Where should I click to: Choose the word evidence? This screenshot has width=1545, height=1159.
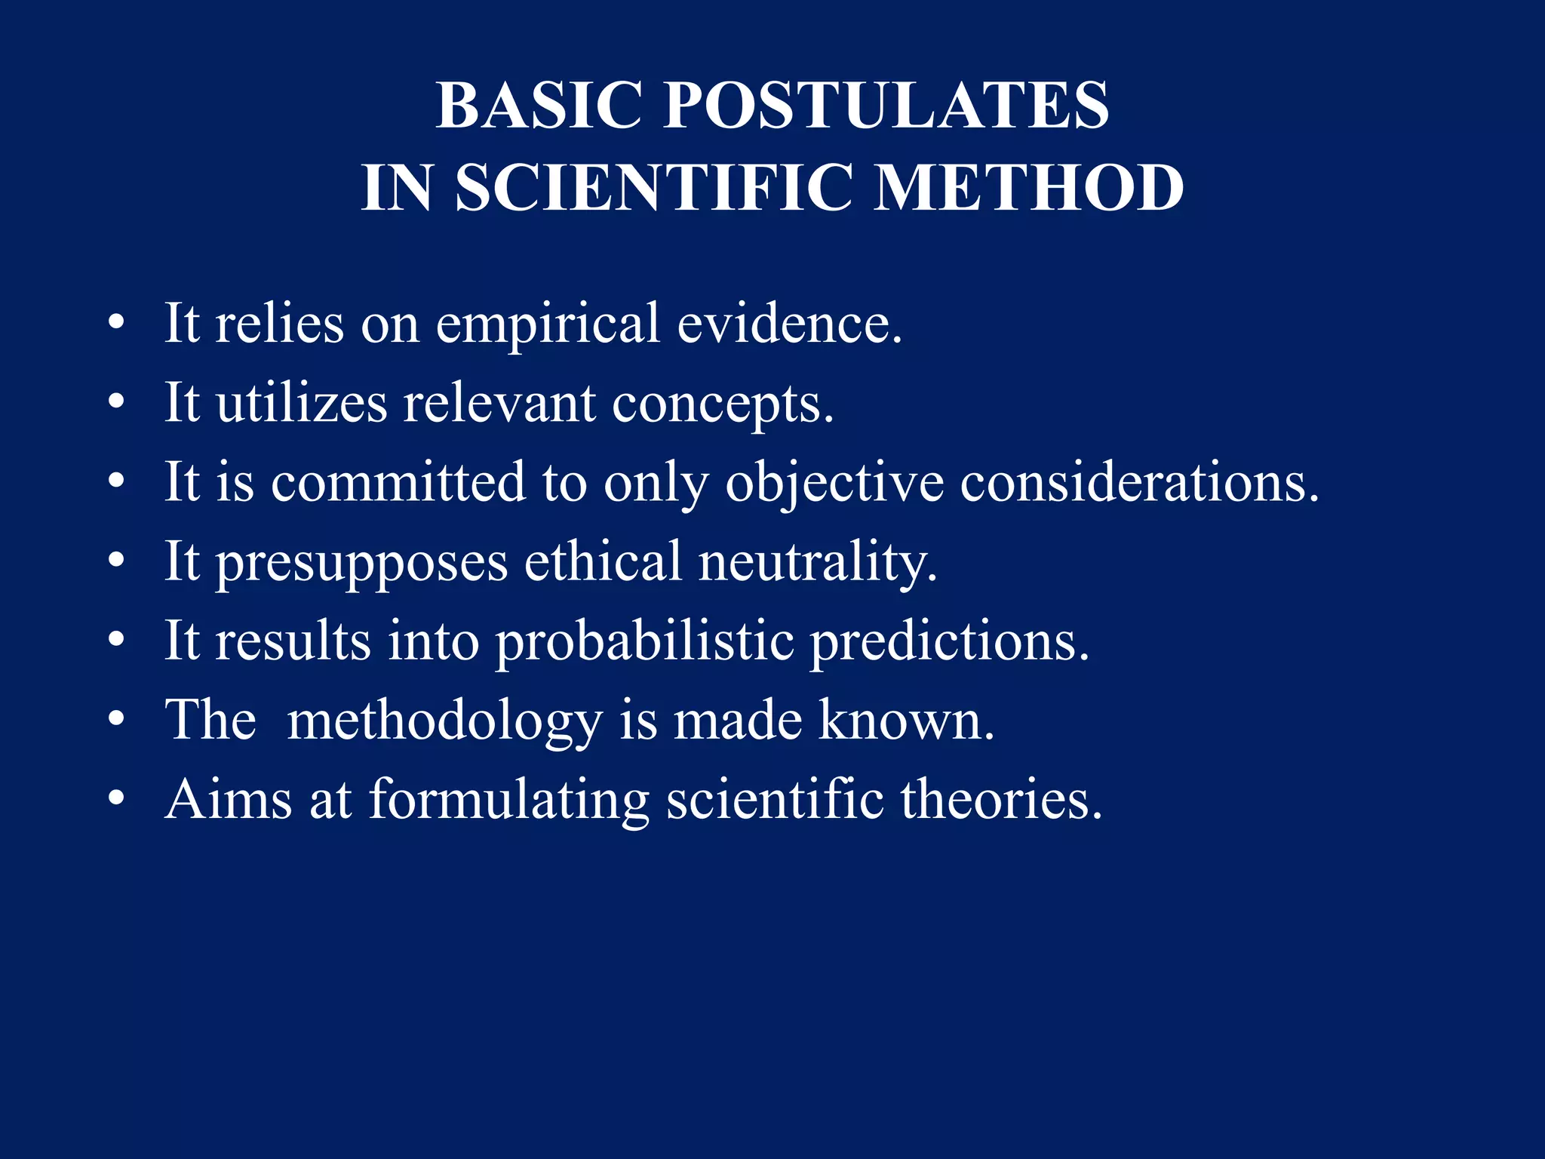789,323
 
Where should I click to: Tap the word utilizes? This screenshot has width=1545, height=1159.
302,403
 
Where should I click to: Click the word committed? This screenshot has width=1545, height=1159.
398,482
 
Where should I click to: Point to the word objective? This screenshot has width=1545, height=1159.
834,484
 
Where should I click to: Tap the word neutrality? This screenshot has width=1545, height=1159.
818,563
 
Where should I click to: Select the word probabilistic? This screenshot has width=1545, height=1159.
645,642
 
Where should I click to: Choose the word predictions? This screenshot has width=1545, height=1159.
951,642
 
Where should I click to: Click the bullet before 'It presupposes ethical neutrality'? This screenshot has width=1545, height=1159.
115,561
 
